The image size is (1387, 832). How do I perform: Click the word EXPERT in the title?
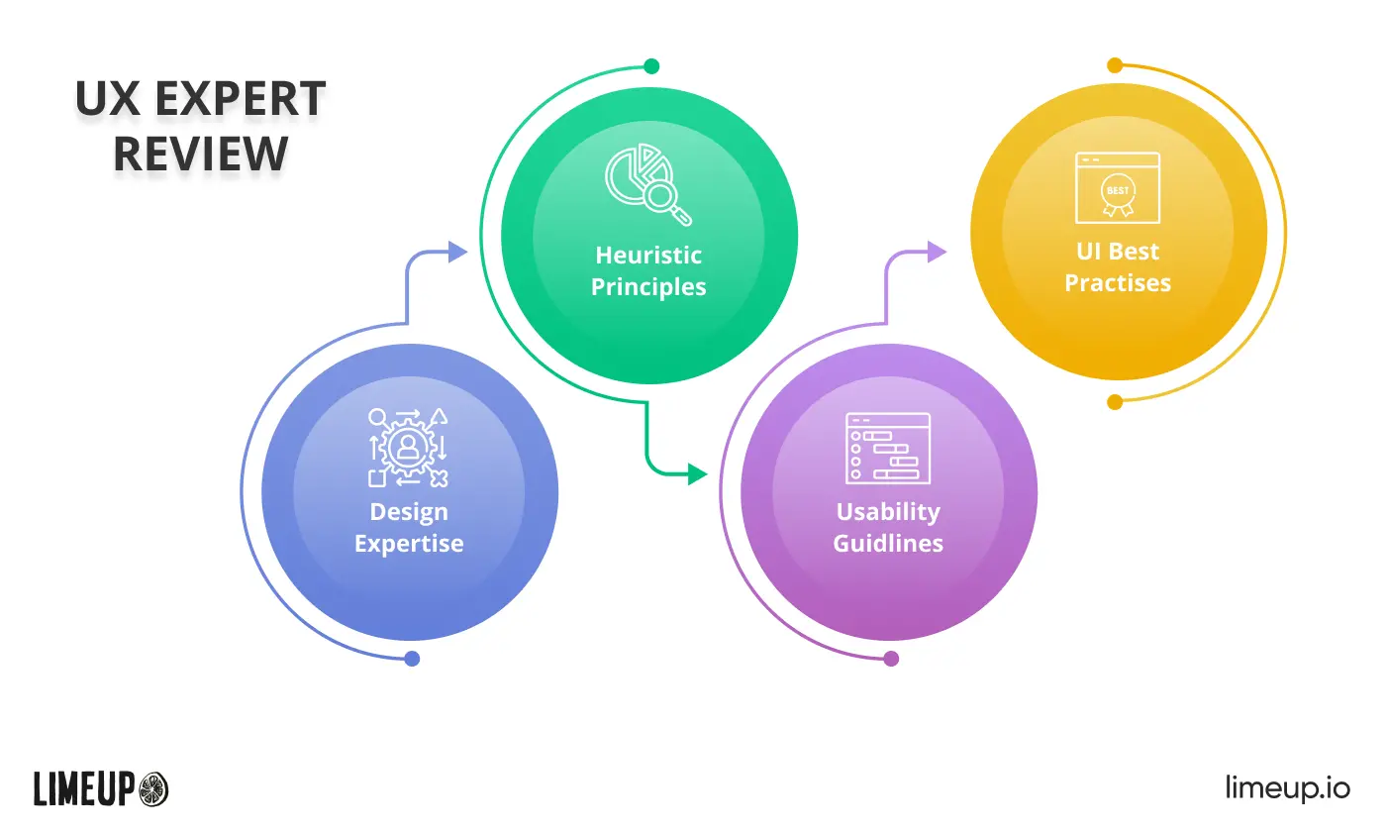pyautogui.click(x=241, y=98)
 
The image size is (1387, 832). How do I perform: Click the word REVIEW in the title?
pyautogui.click(x=201, y=153)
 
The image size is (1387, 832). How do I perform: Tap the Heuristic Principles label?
pyautogui.click(x=648, y=270)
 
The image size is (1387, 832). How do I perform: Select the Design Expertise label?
pyautogui.click(x=409, y=527)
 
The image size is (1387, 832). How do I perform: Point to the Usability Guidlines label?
pyautogui.click(x=888, y=527)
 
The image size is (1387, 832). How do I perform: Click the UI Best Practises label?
pyautogui.click(x=1118, y=267)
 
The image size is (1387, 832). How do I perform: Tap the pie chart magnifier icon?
pyautogui.click(x=648, y=184)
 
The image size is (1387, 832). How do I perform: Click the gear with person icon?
pyautogui.click(x=408, y=448)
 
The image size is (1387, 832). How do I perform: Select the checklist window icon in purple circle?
pyautogui.click(x=888, y=448)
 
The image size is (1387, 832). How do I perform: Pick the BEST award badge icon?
pyautogui.click(x=1118, y=188)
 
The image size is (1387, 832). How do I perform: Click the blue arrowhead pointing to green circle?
pyautogui.click(x=457, y=252)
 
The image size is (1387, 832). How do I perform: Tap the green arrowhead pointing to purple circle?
pyautogui.click(x=698, y=474)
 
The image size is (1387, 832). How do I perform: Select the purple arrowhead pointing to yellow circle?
pyautogui.click(x=937, y=252)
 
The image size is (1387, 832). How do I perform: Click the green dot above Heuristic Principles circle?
pyautogui.click(x=651, y=66)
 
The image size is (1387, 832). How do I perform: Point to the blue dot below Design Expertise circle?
pyautogui.click(x=412, y=659)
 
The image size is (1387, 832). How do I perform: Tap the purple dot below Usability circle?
pyautogui.click(x=891, y=659)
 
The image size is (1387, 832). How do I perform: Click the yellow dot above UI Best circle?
pyautogui.click(x=1115, y=65)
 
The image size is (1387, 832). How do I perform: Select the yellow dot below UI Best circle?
pyautogui.click(x=1115, y=402)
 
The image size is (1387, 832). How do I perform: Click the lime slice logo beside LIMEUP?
pyautogui.click(x=152, y=789)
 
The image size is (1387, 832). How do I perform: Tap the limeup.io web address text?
pyautogui.click(x=1288, y=788)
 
